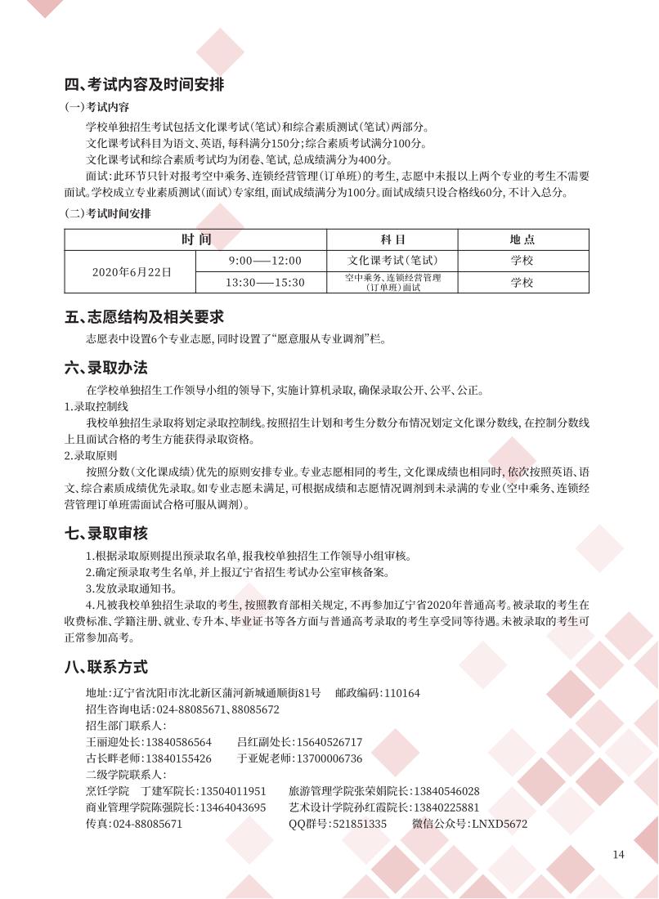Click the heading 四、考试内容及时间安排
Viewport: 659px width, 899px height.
click(x=145, y=85)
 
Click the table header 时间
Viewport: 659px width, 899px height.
click(x=196, y=239)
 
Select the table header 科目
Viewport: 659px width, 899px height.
click(x=392, y=239)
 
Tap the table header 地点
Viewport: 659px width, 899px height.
click(x=522, y=239)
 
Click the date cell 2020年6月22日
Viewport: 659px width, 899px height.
click(x=131, y=271)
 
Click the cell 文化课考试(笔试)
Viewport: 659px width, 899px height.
click(x=392, y=261)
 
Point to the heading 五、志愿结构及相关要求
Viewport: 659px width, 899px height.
click(x=145, y=316)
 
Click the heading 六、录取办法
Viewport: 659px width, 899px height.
click(x=106, y=368)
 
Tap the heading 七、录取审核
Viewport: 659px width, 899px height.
click(x=106, y=534)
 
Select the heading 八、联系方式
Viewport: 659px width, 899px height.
click(x=106, y=667)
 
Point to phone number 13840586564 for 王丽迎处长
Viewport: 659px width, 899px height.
click(x=178, y=742)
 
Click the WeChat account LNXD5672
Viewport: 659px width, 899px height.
click(x=500, y=824)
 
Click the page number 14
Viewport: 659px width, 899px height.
click(x=618, y=855)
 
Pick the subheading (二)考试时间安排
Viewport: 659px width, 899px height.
click(x=108, y=214)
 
